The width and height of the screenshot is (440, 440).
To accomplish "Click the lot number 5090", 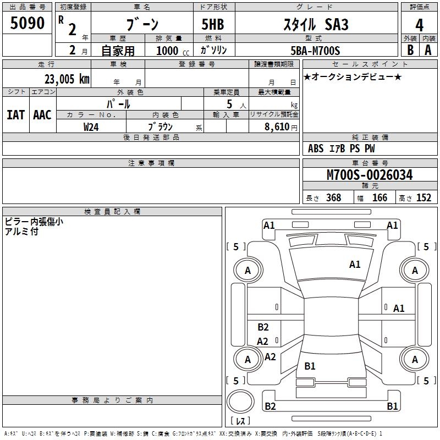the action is (28, 24).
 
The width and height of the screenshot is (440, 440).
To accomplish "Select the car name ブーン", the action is (142, 24).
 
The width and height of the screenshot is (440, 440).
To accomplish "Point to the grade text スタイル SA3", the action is (315, 25).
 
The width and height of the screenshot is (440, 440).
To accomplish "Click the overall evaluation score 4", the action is (419, 25).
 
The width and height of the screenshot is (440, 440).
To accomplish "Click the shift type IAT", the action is (16, 114).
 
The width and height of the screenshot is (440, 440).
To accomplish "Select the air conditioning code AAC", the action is (42, 114).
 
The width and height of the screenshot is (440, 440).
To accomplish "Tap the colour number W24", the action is (91, 127).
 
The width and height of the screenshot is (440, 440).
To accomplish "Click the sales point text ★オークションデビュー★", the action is (353, 77).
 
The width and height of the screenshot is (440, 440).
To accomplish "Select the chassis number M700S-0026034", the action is (370, 175).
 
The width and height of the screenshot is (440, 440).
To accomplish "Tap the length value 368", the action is (333, 198).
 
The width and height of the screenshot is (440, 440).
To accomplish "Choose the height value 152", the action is (424, 198).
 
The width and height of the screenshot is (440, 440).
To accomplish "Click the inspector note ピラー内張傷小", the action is (34, 222).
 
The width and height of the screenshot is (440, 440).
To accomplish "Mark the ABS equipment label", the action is (316, 148).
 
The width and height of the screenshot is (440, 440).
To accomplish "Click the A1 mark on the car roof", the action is (355, 265).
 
